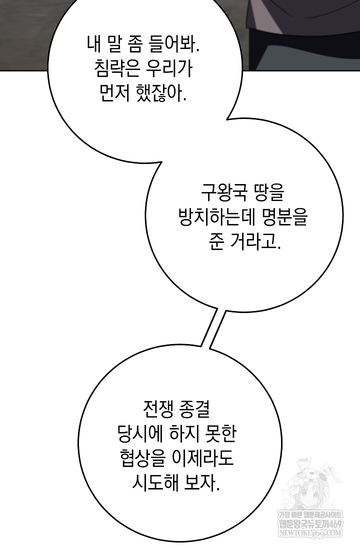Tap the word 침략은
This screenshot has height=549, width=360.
(115, 69)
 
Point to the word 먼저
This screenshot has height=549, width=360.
(110, 93)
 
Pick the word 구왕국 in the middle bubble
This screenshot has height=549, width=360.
(224, 193)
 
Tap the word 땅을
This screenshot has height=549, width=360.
(269, 193)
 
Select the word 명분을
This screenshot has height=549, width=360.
(283, 217)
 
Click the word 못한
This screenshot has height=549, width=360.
(221, 434)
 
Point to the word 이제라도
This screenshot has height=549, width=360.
(203, 458)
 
